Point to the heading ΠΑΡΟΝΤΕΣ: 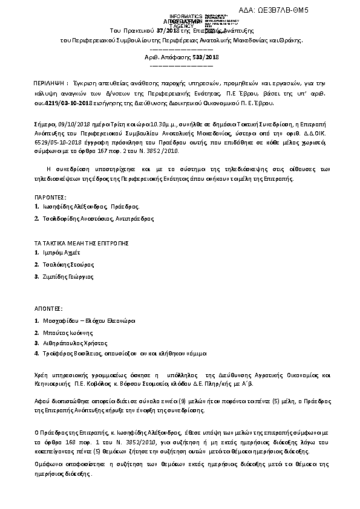coord(50,197)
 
